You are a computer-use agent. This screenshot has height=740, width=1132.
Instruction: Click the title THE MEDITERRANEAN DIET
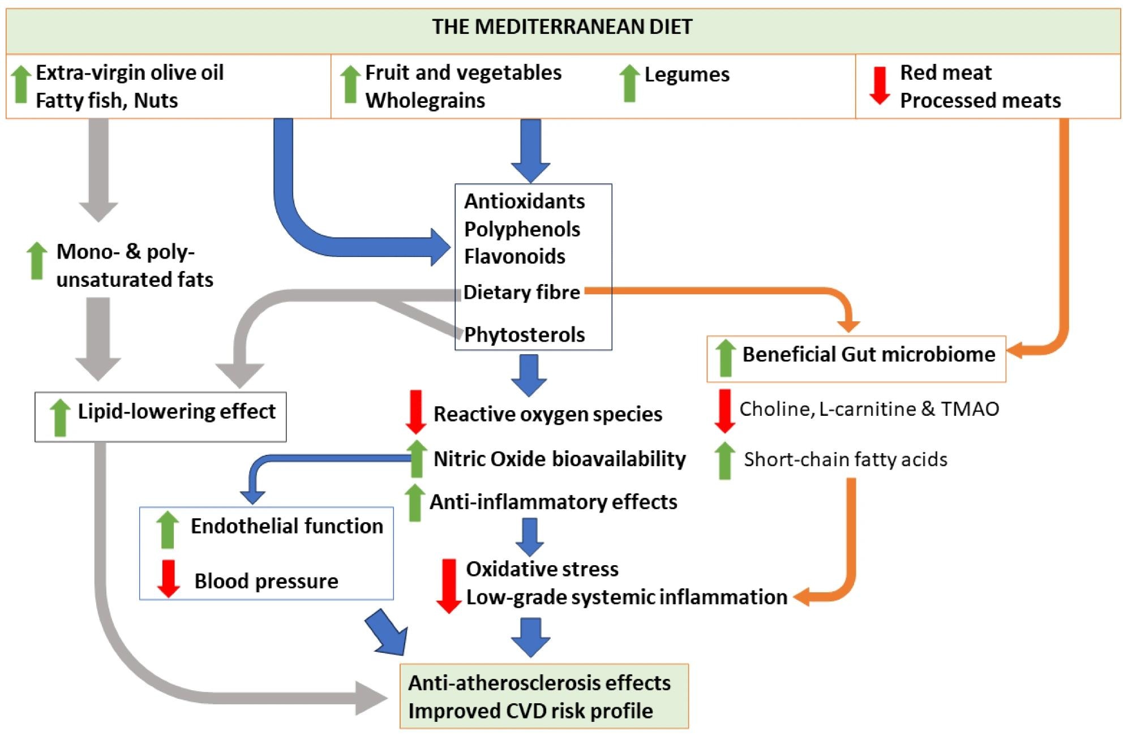pyautogui.click(x=562, y=27)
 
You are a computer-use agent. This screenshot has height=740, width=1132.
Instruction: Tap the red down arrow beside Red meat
pyautogui.click(x=880, y=86)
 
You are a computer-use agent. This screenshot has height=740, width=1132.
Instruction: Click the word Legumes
pyautogui.click(x=687, y=74)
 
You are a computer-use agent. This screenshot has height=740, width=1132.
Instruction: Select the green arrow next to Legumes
pyautogui.click(x=629, y=84)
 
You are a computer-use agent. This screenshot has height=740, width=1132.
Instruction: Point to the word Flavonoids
pyautogui.click(x=514, y=256)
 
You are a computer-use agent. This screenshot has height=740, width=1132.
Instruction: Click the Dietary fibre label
pyautogui.click(x=521, y=292)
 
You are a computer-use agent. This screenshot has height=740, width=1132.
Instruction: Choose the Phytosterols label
pyautogui.click(x=524, y=334)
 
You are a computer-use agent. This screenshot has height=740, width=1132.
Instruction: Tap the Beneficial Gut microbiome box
pyautogui.click(x=856, y=359)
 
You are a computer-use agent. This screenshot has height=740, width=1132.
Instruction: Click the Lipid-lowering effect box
pyautogui.click(x=161, y=416)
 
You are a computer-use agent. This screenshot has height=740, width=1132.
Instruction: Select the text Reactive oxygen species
pyautogui.click(x=547, y=414)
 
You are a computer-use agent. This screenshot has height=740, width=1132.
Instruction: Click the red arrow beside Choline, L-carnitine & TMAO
pyautogui.click(x=725, y=410)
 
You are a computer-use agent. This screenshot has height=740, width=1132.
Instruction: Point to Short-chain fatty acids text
pyautogui.click(x=845, y=459)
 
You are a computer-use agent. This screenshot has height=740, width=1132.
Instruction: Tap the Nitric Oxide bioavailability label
pyautogui.click(x=559, y=458)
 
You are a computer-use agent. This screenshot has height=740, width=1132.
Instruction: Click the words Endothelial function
pyautogui.click(x=286, y=526)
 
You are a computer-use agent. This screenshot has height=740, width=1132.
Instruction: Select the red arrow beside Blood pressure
pyautogui.click(x=168, y=578)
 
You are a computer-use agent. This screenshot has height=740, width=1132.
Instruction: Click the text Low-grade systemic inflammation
pyautogui.click(x=626, y=597)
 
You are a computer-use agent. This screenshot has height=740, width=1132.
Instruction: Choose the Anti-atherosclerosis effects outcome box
pyautogui.click(x=544, y=696)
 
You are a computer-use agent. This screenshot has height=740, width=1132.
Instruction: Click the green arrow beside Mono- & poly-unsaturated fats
pyautogui.click(x=37, y=261)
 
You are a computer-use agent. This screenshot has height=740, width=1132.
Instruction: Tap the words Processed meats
pyautogui.click(x=980, y=100)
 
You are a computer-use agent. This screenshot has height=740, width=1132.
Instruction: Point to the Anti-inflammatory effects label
pyautogui.click(x=553, y=501)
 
